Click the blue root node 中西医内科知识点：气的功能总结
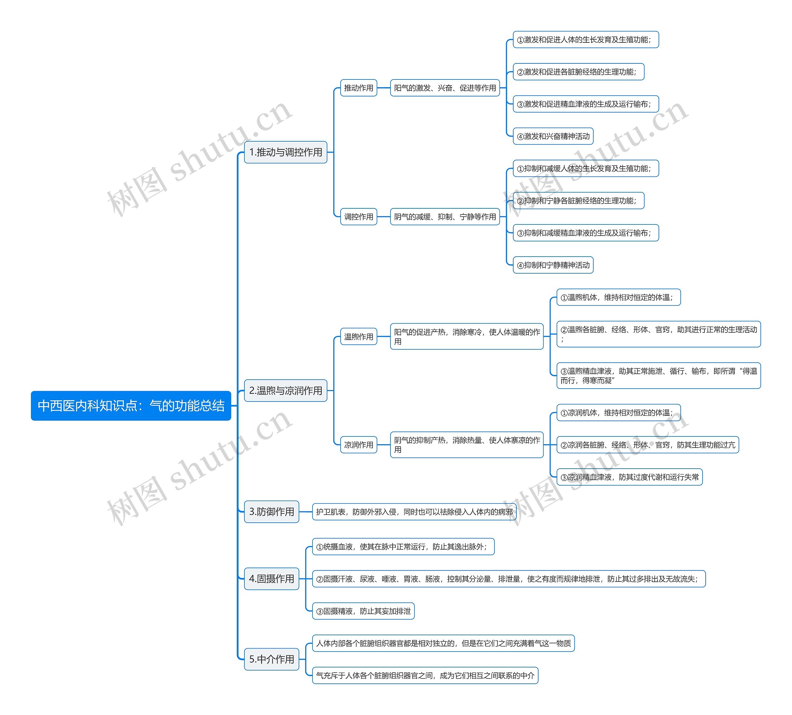[x=131, y=406]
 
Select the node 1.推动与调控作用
[x=286, y=152]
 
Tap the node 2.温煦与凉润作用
[x=286, y=390]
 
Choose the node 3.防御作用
[x=271, y=512]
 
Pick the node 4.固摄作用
[x=271, y=579]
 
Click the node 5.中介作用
[x=271, y=659]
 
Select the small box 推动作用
[x=358, y=88]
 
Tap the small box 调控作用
[x=358, y=217]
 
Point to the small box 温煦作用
[x=358, y=337]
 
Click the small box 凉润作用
[x=358, y=445]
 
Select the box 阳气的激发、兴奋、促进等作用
[x=445, y=88]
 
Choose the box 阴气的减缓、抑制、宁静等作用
[x=445, y=217]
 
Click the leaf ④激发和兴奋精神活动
[x=553, y=136]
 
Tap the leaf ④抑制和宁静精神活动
[x=553, y=265]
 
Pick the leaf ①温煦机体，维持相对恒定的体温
[x=618, y=297]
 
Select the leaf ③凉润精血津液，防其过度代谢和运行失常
[x=629, y=477]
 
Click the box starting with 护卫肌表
[x=414, y=512]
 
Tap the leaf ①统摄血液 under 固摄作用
[x=403, y=547]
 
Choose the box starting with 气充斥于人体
[x=425, y=675]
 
